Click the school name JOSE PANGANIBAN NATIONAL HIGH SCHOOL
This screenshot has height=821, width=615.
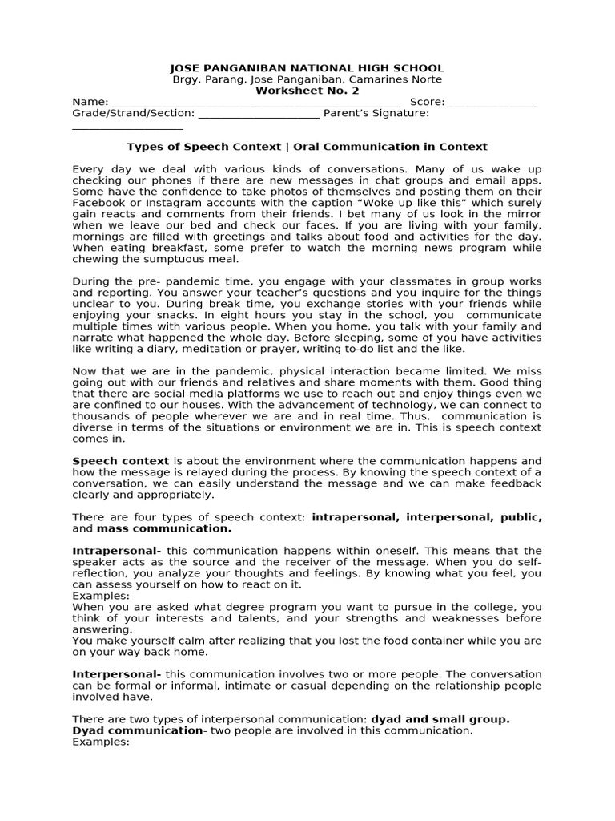307,68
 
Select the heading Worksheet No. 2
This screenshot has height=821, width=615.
307,91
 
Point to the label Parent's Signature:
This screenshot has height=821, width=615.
376,114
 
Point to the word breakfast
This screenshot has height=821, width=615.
172,249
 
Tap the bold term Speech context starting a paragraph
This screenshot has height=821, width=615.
121,462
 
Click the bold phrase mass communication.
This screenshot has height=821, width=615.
164,529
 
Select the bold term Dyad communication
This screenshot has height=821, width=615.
137,731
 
